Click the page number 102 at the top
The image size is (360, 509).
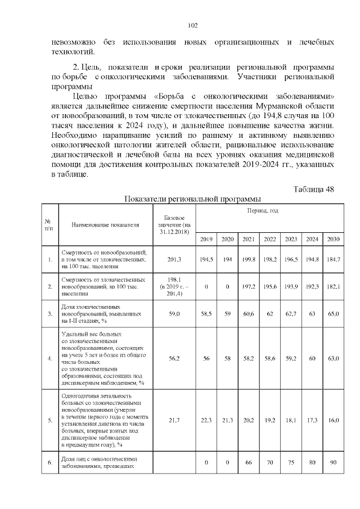click(x=191, y=25)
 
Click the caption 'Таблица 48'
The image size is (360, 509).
click(x=314, y=189)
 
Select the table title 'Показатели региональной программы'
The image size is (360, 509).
click(x=192, y=199)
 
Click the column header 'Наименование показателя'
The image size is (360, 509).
click(x=105, y=225)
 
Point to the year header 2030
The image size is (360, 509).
click(x=334, y=239)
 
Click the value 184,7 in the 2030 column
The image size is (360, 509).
click(x=334, y=259)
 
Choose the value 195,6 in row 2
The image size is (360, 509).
click(x=270, y=287)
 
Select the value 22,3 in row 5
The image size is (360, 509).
click(x=206, y=420)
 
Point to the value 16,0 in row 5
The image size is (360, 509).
click(x=334, y=420)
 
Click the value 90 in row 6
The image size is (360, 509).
click(x=334, y=462)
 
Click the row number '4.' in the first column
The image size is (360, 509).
click(x=50, y=357)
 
